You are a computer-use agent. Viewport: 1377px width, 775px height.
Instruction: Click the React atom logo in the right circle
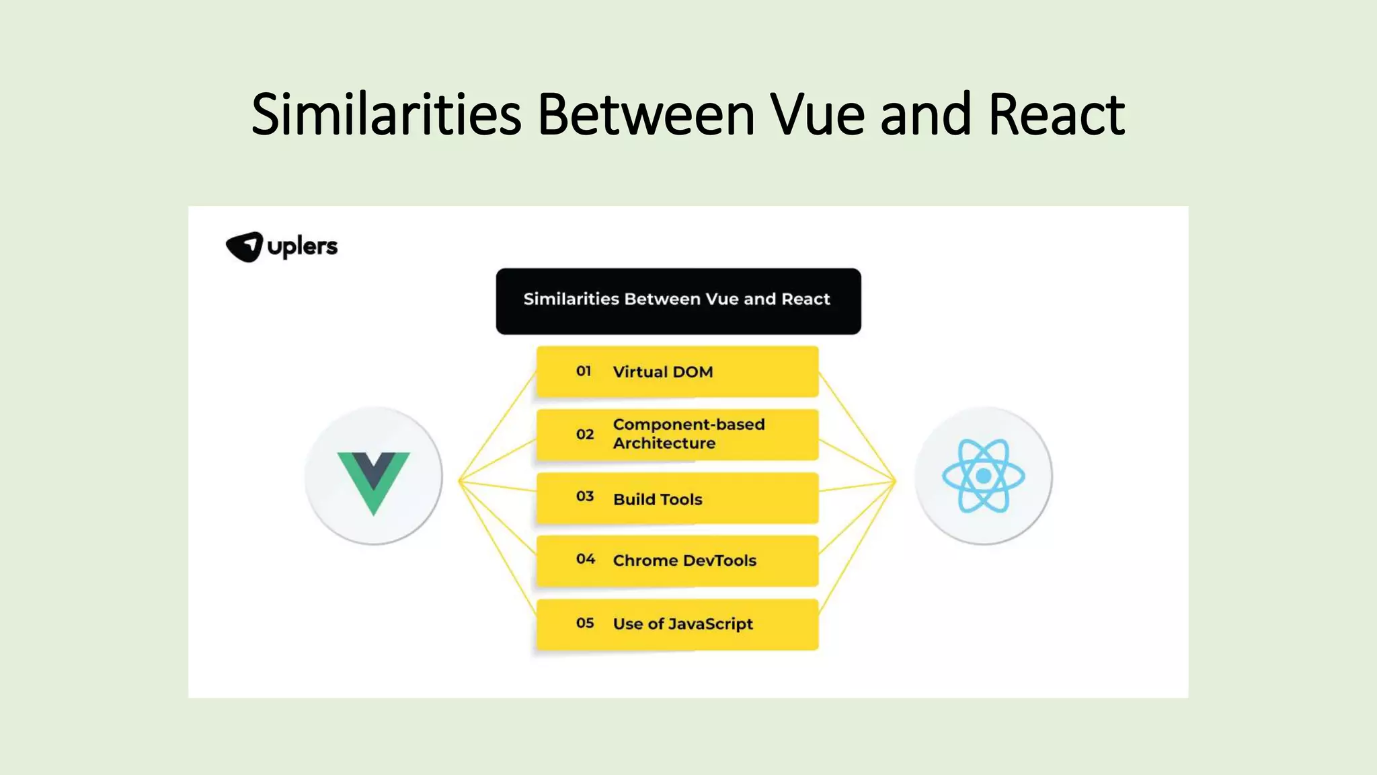pos(983,476)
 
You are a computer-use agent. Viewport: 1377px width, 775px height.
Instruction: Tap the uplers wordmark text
pos(303,246)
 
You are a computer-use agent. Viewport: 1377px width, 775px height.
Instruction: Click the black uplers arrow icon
pos(244,247)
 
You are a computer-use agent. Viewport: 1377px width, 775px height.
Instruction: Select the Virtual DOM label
pos(662,372)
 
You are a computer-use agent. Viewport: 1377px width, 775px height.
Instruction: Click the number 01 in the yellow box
pos(584,371)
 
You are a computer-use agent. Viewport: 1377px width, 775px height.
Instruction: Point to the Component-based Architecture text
pos(688,434)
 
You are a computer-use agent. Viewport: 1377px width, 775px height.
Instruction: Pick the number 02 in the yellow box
pos(585,435)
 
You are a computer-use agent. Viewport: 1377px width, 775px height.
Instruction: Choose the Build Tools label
pos(658,499)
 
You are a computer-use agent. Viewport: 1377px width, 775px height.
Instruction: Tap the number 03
pos(585,496)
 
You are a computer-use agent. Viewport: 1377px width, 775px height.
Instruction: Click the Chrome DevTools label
pos(684,560)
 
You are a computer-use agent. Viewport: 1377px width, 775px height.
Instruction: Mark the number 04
pos(585,559)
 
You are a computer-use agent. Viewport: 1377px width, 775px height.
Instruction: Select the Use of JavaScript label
pos(682,624)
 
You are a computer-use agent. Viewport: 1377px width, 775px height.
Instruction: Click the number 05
pos(585,623)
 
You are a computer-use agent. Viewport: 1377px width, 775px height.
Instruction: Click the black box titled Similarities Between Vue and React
pos(678,301)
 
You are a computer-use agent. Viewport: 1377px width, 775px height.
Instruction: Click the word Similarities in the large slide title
pos(387,114)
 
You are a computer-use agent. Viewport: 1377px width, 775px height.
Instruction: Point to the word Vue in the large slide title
pos(817,114)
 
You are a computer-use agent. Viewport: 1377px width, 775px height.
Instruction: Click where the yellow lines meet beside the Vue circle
pos(460,480)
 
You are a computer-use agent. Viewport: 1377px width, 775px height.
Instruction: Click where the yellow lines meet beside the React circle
pos(895,480)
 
